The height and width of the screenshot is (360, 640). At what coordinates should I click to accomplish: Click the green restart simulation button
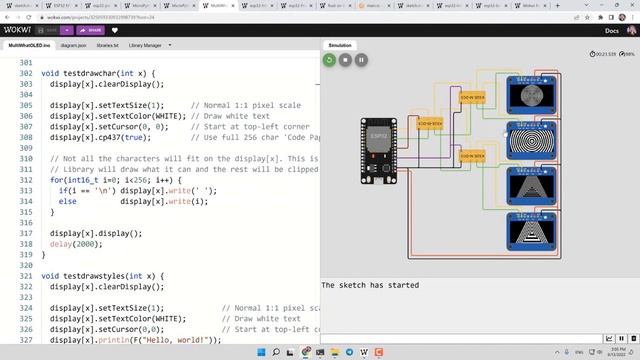point(328,60)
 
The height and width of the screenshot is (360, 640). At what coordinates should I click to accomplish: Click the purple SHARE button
point(91,30)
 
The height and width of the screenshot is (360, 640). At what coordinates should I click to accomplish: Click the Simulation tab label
point(340,45)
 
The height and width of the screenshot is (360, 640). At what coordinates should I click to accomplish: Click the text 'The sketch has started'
point(370,285)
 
